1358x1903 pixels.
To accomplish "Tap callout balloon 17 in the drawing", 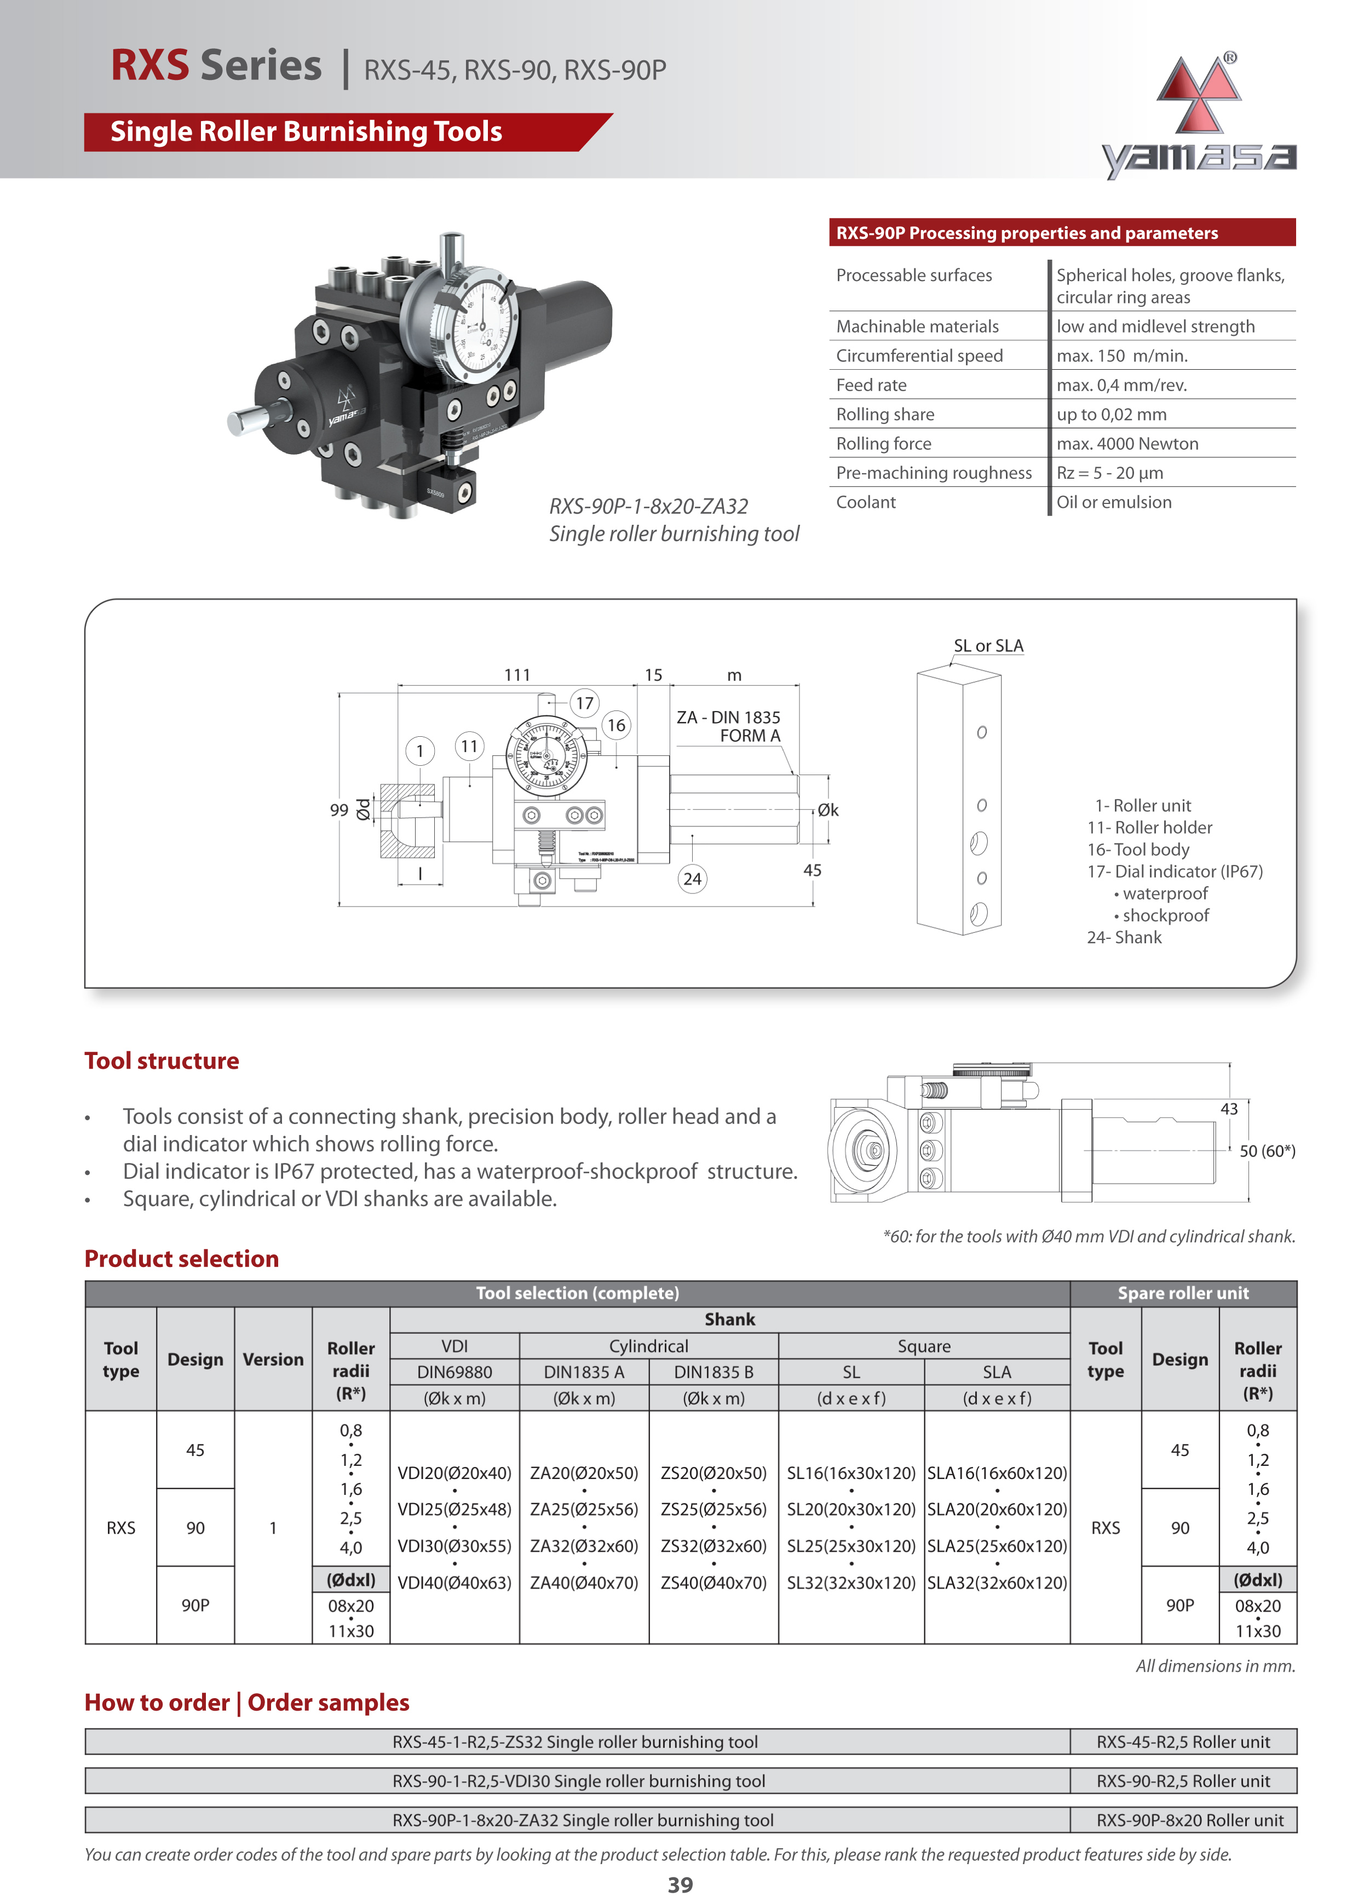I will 584,703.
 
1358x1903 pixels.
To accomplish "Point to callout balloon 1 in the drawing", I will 420,751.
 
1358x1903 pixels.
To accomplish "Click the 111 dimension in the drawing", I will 517,675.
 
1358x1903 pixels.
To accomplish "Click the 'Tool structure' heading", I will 162,1061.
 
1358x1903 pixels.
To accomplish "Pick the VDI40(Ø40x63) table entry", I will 454,1583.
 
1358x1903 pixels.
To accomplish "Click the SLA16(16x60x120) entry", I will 997,1473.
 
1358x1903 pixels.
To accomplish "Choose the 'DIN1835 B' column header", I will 713,1372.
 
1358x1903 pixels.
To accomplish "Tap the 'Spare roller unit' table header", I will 1182,1293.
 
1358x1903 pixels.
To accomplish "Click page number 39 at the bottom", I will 680,1884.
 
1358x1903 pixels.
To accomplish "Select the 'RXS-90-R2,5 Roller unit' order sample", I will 1182,1781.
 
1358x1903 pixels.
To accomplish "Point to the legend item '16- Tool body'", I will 1138,850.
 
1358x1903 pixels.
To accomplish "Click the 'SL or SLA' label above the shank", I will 988,646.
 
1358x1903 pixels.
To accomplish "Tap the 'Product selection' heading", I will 181,1259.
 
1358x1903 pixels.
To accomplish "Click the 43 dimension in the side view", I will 1228,1109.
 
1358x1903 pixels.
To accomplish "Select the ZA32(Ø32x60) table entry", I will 584,1546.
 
